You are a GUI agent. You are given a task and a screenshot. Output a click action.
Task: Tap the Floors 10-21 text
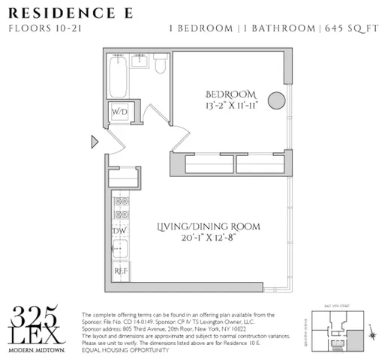pyautogui.click(x=38, y=29)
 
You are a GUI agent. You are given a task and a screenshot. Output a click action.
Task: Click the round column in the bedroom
pyautogui.click(x=276, y=100)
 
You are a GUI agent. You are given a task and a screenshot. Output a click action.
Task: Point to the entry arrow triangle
pyautogui.click(x=95, y=141)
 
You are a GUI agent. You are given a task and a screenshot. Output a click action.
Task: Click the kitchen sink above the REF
pyautogui.click(x=120, y=250)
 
